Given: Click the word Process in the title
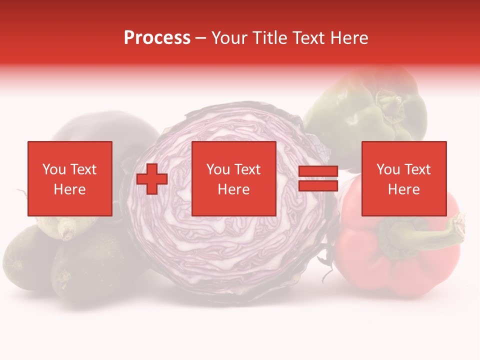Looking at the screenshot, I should coord(157,38).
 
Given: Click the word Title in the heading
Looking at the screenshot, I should coord(269,38).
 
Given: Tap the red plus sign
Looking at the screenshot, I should coord(152,179).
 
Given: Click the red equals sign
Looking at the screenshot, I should coord(318,178).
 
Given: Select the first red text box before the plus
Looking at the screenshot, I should coord(69,178).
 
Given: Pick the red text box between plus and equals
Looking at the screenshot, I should coord(233,178).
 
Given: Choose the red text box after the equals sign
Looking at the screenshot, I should coord(403,178).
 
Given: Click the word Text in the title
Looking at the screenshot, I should coord(308,38).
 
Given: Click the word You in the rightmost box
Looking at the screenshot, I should coord(388,169).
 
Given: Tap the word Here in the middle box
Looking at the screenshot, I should coord(233,189).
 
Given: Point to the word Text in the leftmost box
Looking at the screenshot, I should coord(83,169).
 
